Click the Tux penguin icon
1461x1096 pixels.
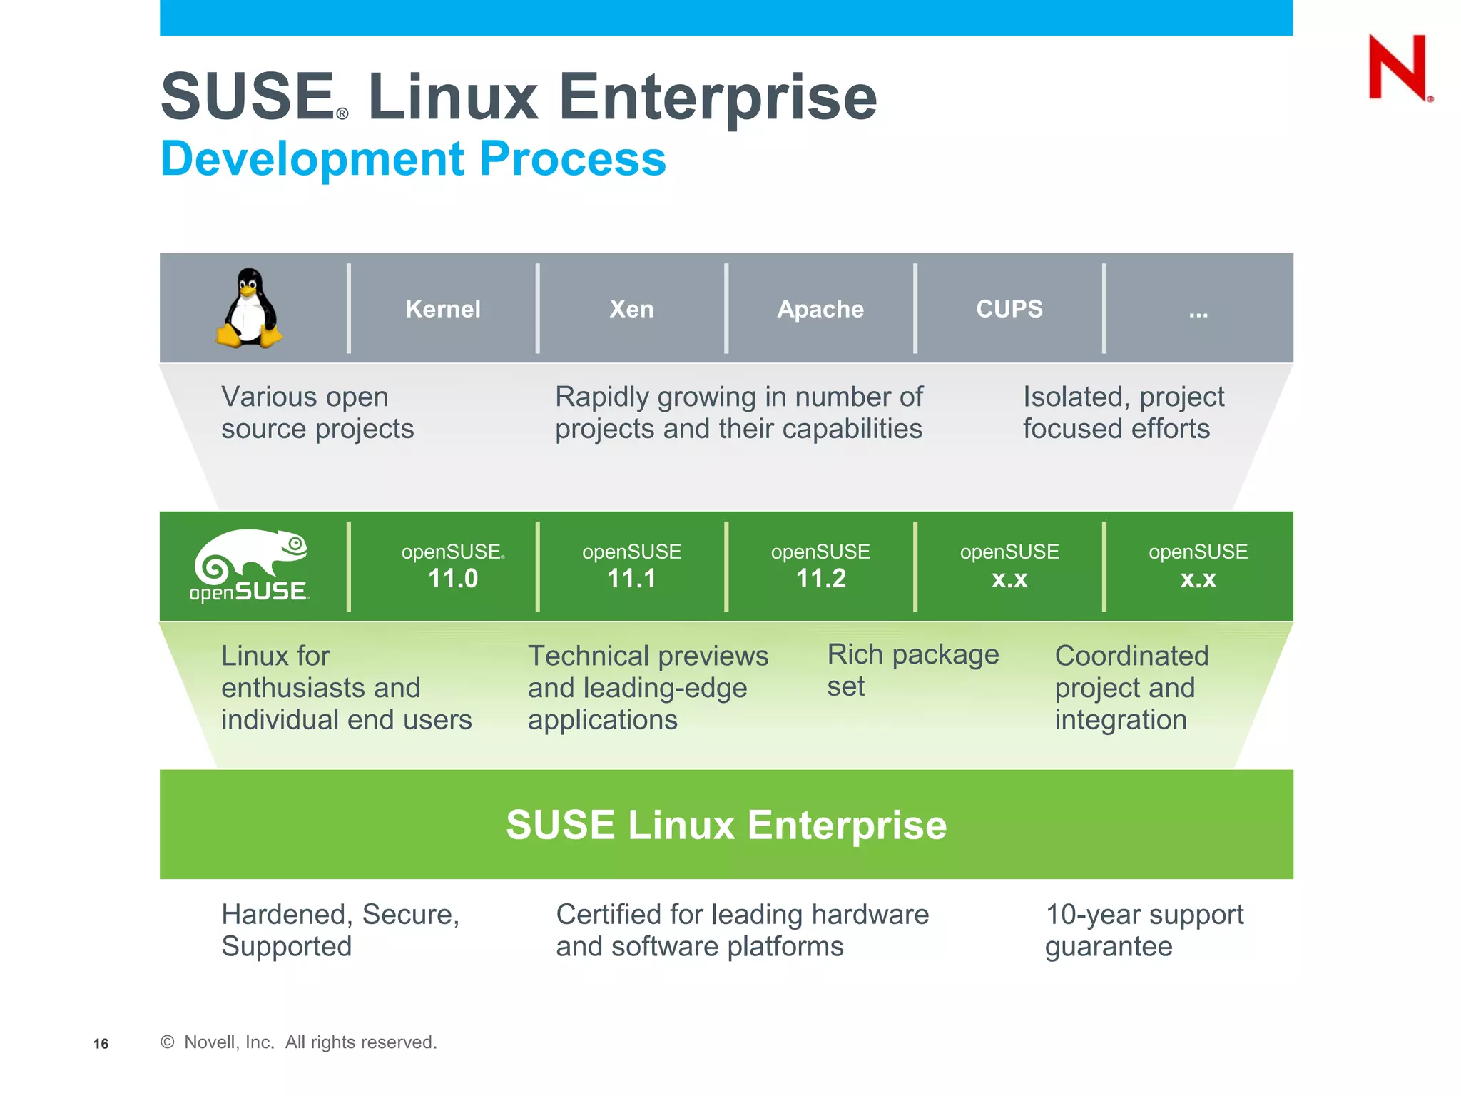point(249,308)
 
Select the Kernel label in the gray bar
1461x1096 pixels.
point(443,309)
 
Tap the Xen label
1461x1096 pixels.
point(631,309)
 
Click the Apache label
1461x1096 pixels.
point(820,309)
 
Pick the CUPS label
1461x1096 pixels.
point(1009,309)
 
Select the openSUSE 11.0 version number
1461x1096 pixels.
point(453,578)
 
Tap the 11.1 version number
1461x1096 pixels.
point(631,578)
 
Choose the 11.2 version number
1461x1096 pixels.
point(820,578)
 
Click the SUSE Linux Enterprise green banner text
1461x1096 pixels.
point(726,825)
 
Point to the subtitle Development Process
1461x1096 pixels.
point(413,158)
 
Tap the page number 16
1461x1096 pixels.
point(101,1044)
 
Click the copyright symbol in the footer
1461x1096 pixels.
point(168,1042)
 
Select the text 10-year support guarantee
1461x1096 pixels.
point(1144,930)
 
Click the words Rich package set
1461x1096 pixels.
point(912,670)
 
